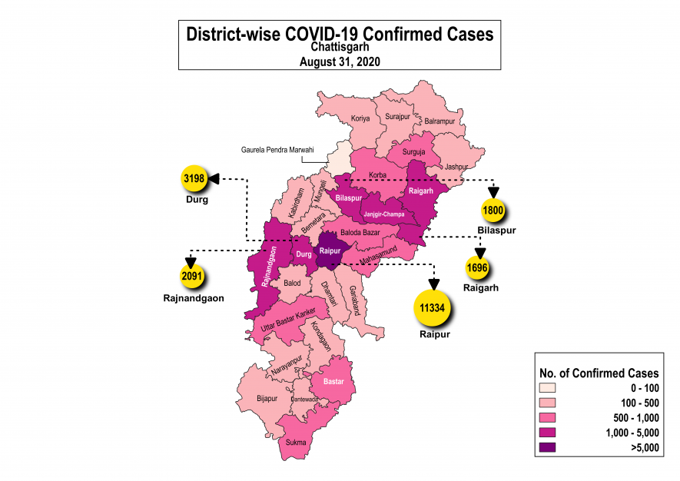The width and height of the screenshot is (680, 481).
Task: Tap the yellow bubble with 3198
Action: (195, 180)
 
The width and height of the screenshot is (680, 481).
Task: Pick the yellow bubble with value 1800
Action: (492, 209)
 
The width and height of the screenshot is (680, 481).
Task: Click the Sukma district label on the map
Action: (296, 442)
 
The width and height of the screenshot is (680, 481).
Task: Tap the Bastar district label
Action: (333, 381)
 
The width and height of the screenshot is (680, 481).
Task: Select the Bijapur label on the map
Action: (267, 399)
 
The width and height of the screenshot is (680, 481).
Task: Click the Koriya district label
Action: (360, 119)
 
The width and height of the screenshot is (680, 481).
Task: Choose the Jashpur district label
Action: (456, 166)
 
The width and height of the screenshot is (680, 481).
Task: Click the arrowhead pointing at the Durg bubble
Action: (214, 179)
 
